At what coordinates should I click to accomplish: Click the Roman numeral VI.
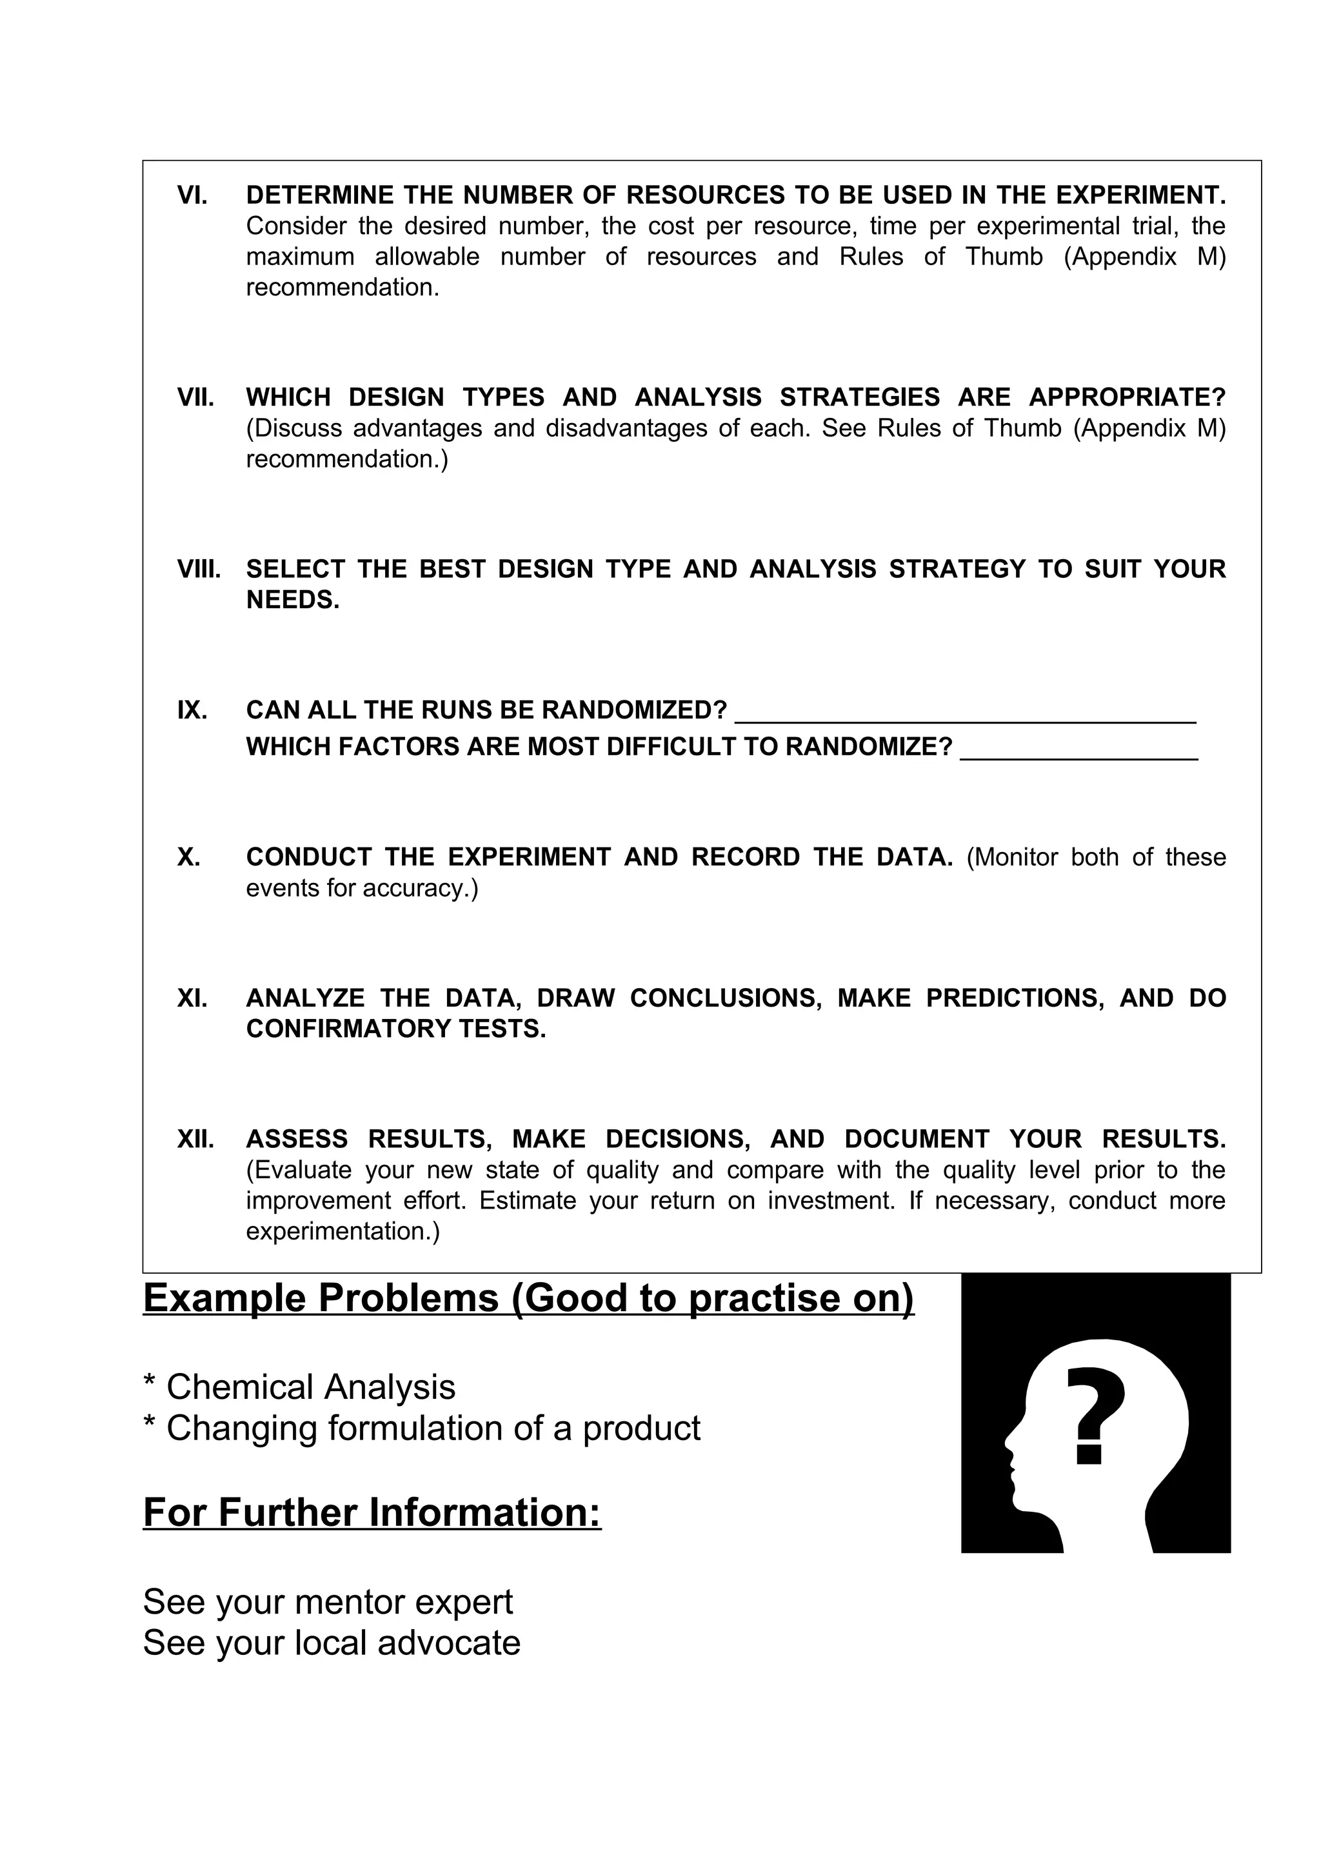192,195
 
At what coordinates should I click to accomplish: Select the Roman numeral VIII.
199,569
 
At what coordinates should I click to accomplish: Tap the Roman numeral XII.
195,1139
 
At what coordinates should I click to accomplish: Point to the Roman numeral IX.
192,711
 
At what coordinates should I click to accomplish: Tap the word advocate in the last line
448,1643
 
